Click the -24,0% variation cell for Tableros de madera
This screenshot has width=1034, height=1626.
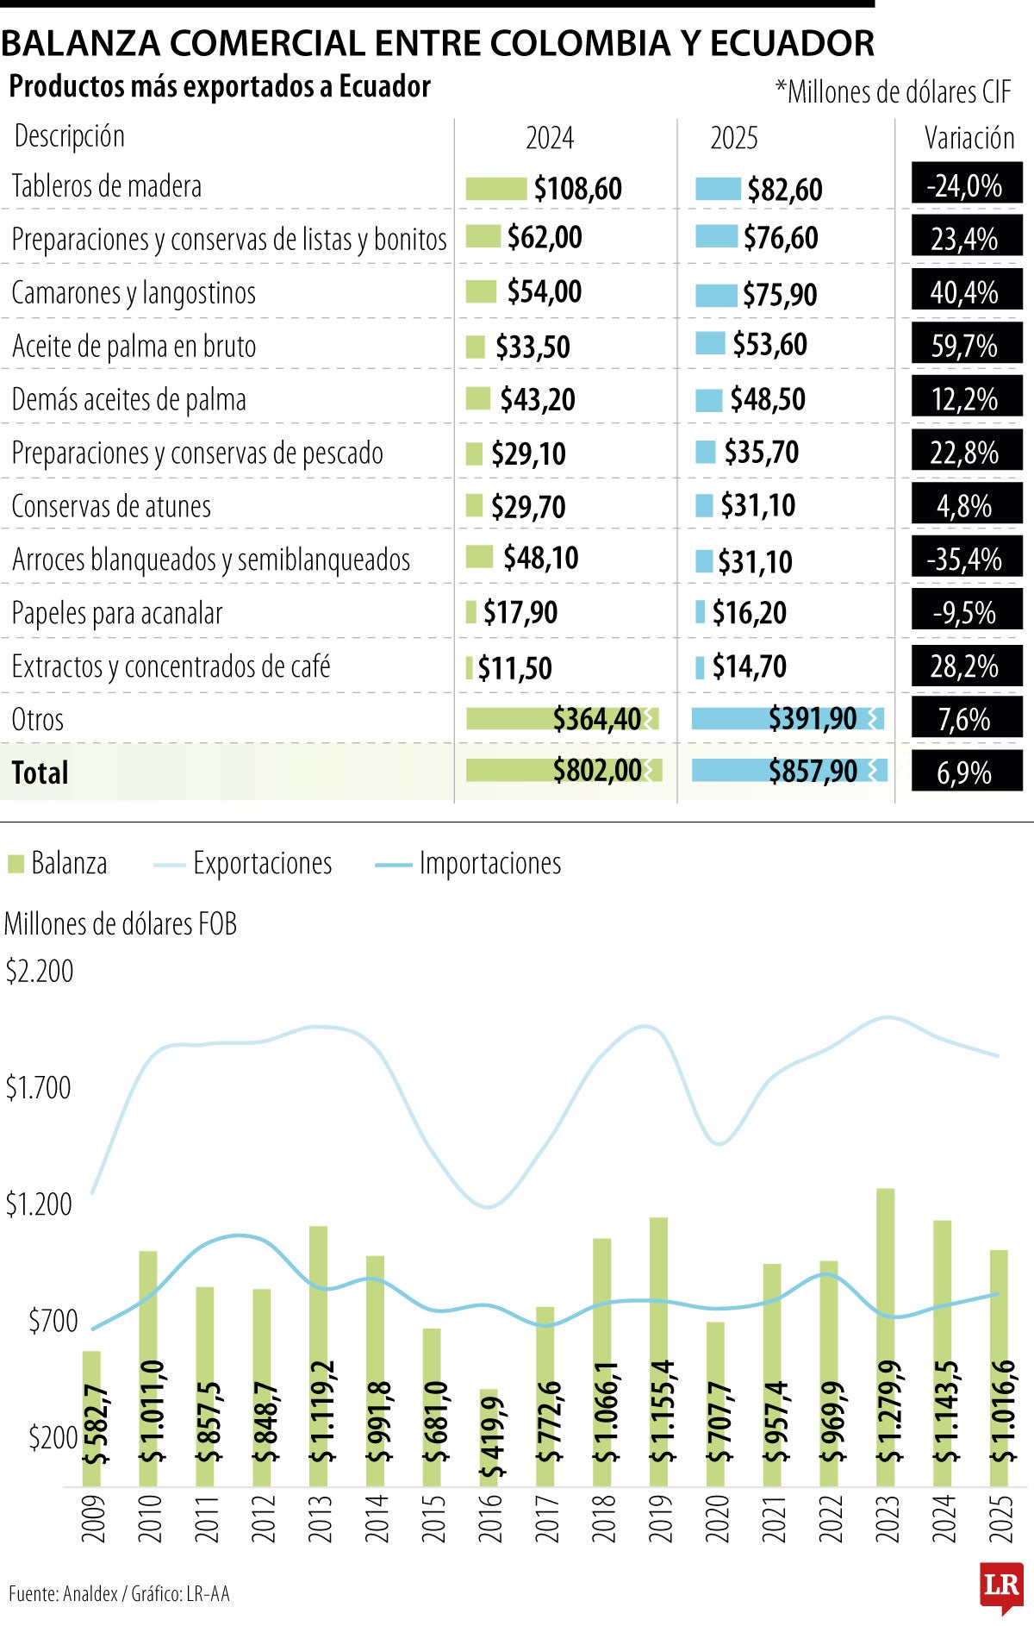tap(966, 185)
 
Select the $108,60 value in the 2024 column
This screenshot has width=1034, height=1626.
tap(577, 189)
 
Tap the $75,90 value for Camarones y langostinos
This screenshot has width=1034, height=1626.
tap(780, 295)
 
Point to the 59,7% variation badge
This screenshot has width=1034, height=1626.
tap(965, 346)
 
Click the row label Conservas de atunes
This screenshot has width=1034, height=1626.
tap(111, 506)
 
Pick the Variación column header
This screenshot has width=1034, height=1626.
tap(969, 138)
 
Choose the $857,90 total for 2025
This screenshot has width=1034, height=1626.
tap(813, 771)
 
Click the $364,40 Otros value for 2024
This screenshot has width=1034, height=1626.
tap(596, 718)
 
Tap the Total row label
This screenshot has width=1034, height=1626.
tap(40, 772)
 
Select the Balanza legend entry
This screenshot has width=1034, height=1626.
tap(58, 863)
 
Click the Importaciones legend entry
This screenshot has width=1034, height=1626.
tap(470, 863)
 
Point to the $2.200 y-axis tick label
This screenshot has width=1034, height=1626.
tap(40, 972)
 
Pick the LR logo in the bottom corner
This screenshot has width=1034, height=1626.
tap(1001, 1585)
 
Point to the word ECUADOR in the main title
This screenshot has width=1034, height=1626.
tap(792, 43)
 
